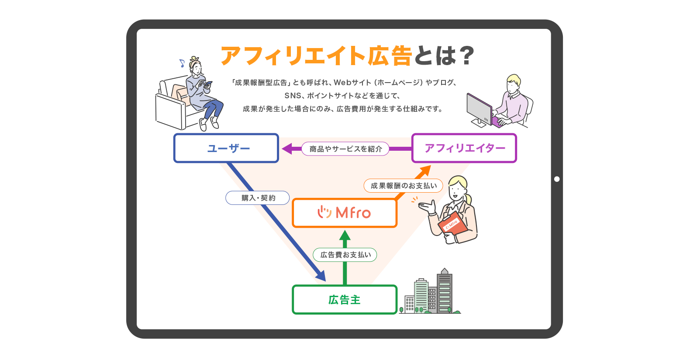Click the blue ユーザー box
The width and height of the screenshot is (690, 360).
tap(226, 148)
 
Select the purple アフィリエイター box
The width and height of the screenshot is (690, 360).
tap(464, 148)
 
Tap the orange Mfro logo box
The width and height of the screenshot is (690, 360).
tap(344, 213)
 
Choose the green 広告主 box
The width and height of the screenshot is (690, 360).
tap(344, 300)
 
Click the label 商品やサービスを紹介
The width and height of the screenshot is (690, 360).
tap(345, 149)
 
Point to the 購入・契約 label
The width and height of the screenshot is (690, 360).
tap(258, 198)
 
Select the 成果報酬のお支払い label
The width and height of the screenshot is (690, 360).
tap(404, 186)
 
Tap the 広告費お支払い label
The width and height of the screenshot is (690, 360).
tap(345, 255)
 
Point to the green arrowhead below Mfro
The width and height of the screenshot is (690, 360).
tap(345, 236)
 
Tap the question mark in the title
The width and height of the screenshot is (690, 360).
tap(466, 55)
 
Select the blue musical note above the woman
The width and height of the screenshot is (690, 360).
tap(182, 63)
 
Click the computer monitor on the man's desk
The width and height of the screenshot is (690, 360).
tap(479, 107)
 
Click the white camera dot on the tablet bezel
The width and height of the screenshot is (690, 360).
tap(556, 179)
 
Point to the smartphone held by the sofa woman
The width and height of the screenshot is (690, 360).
tap(208, 83)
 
